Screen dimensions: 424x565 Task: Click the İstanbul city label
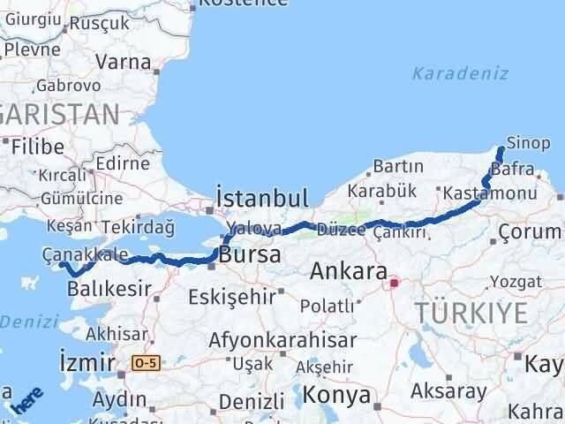click(262, 197)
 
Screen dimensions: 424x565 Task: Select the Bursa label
click(251, 255)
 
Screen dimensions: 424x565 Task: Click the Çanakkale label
click(85, 254)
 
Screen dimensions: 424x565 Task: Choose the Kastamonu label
click(491, 193)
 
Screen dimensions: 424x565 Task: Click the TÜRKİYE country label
click(472, 312)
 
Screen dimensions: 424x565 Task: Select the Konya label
click(336, 396)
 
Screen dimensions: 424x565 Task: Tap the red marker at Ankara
click(394, 283)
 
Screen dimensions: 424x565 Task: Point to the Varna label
click(124, 62)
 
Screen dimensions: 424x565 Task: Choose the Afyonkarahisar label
click(282, 339)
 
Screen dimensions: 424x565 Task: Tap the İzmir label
click(86, 361)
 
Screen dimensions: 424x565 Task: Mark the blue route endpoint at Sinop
click(501, 148)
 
